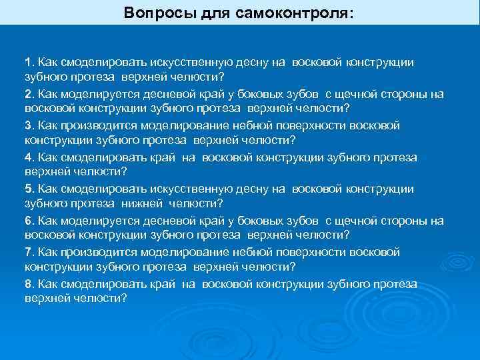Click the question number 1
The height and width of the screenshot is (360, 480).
27,62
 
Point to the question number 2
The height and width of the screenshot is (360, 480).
28,94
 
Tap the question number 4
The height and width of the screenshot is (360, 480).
28,157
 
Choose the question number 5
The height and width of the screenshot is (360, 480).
28,189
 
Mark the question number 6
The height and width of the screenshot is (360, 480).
28,221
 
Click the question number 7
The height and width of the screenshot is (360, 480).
28,253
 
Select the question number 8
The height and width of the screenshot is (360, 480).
28,285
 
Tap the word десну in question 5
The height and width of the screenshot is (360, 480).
251,189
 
